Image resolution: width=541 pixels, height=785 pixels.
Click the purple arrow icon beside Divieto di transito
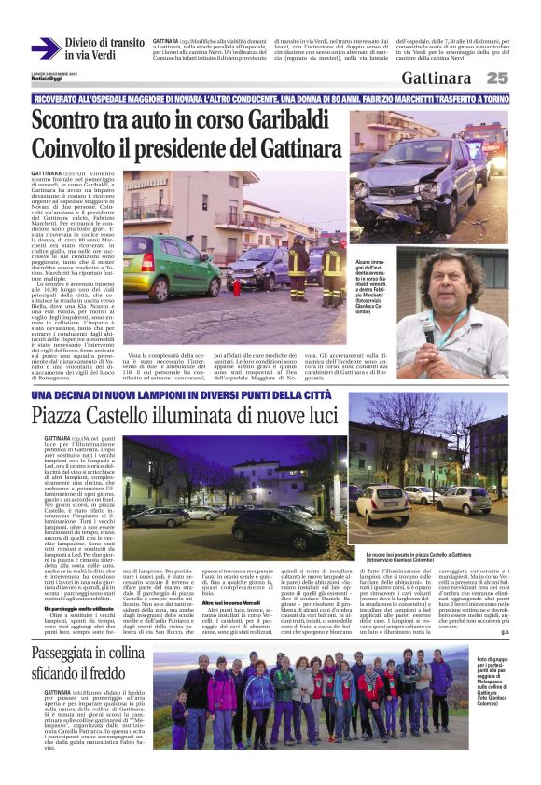click(x=46, y=48)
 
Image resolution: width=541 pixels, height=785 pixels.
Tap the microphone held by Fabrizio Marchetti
click(x=430, y=329)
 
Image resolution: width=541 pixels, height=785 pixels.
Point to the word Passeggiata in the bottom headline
click(x=83, y=680)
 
